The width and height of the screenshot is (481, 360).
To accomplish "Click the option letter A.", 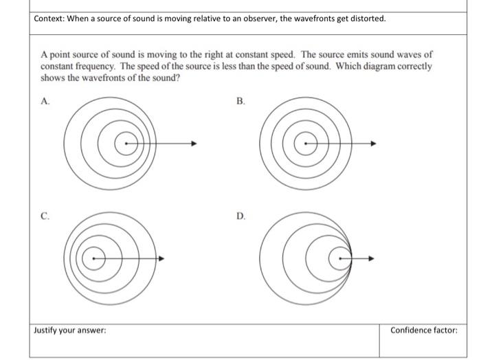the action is (45, 101).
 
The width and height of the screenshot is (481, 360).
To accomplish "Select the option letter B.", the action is (240, 101).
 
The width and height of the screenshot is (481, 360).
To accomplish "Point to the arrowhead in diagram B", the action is (374, 144).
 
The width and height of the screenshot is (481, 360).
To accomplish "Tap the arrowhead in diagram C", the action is (161, 259).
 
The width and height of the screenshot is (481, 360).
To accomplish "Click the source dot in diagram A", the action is (124, 144).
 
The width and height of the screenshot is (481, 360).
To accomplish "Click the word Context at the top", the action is (49, 19).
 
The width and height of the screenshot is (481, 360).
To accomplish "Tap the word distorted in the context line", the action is (367, 19).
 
